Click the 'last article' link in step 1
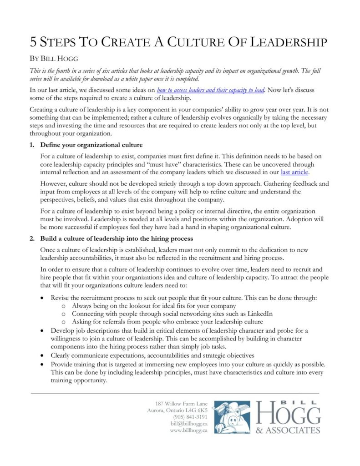[296, 172]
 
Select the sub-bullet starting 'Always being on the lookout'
[154, 306]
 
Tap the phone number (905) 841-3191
[190, 416]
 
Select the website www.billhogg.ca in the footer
[189, 430]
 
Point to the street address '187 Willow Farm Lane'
[181, 403]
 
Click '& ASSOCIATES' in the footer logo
[288, 430]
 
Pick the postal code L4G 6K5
[197, 410]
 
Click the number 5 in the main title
[34, 42]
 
